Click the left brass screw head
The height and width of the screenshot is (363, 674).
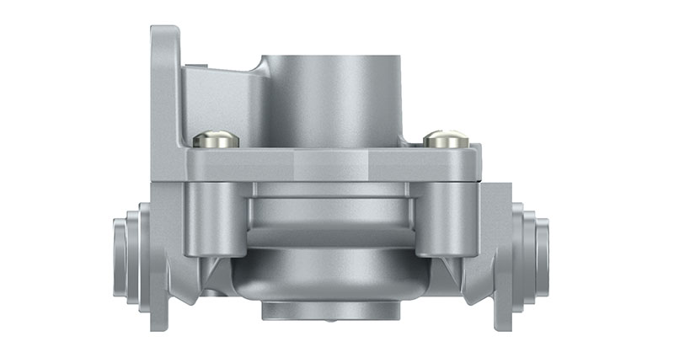coord(216,138)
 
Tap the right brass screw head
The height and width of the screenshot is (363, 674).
coord(446,138)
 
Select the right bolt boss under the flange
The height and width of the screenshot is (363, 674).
coord(447,220)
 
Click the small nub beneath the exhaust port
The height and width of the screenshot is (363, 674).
coord(331,323)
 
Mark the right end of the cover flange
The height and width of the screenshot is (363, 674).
coord(479,164)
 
